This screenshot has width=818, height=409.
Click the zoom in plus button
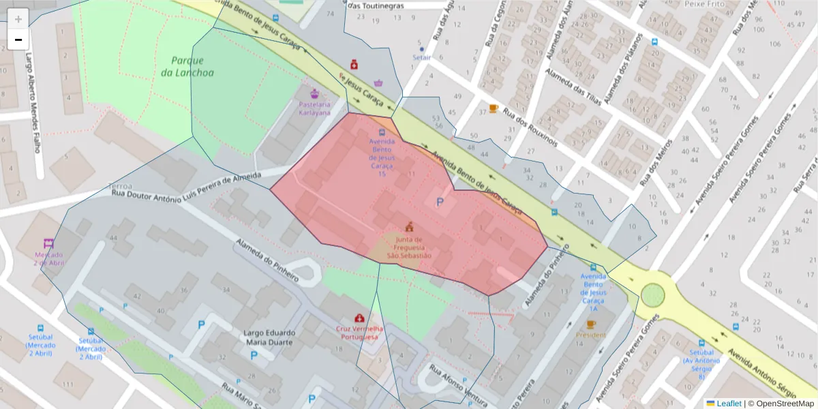18,19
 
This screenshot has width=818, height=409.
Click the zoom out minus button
18,40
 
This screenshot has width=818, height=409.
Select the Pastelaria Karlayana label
314,108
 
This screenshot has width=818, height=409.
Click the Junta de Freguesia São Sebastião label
409,247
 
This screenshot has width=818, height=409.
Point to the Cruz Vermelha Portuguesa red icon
359,318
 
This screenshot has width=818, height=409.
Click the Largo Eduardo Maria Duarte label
269,337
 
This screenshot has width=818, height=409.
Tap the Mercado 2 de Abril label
49,258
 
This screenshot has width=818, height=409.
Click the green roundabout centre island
652,295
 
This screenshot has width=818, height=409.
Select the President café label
590,335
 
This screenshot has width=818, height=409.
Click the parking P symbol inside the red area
440,202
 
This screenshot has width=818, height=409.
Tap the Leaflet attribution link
728,404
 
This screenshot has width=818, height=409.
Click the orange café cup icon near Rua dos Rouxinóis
493,108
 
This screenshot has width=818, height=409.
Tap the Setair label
422,58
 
